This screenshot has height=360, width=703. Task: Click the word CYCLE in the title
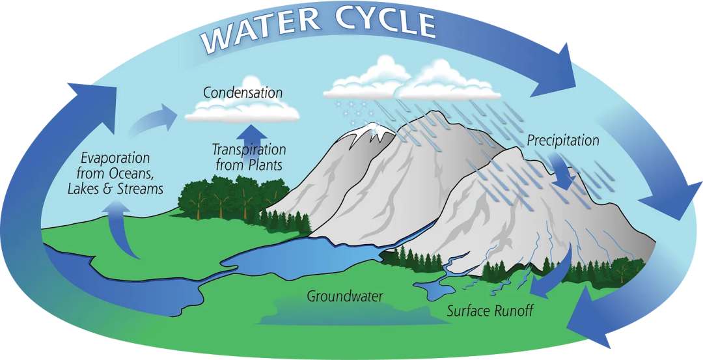pyautogui.click(x=385, y=23)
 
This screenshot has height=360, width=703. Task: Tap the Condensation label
pyautogui.click(x=243, y=92)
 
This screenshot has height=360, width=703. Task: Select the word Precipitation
pyautogui.click(x=563, y=140)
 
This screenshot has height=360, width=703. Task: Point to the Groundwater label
pyautogui.click(x=345, y=297)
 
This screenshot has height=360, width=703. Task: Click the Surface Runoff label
pyautogui.click(x=490, y=311)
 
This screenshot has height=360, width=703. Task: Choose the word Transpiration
pyautogui.click(x=249, y=150)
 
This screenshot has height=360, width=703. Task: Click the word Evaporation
pyautogui.click(x=115, y=159)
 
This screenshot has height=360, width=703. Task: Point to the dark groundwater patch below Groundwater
pyautogui.click(x=345, y=314)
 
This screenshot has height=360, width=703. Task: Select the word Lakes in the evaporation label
pyautogui.click(x=85, y=189)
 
